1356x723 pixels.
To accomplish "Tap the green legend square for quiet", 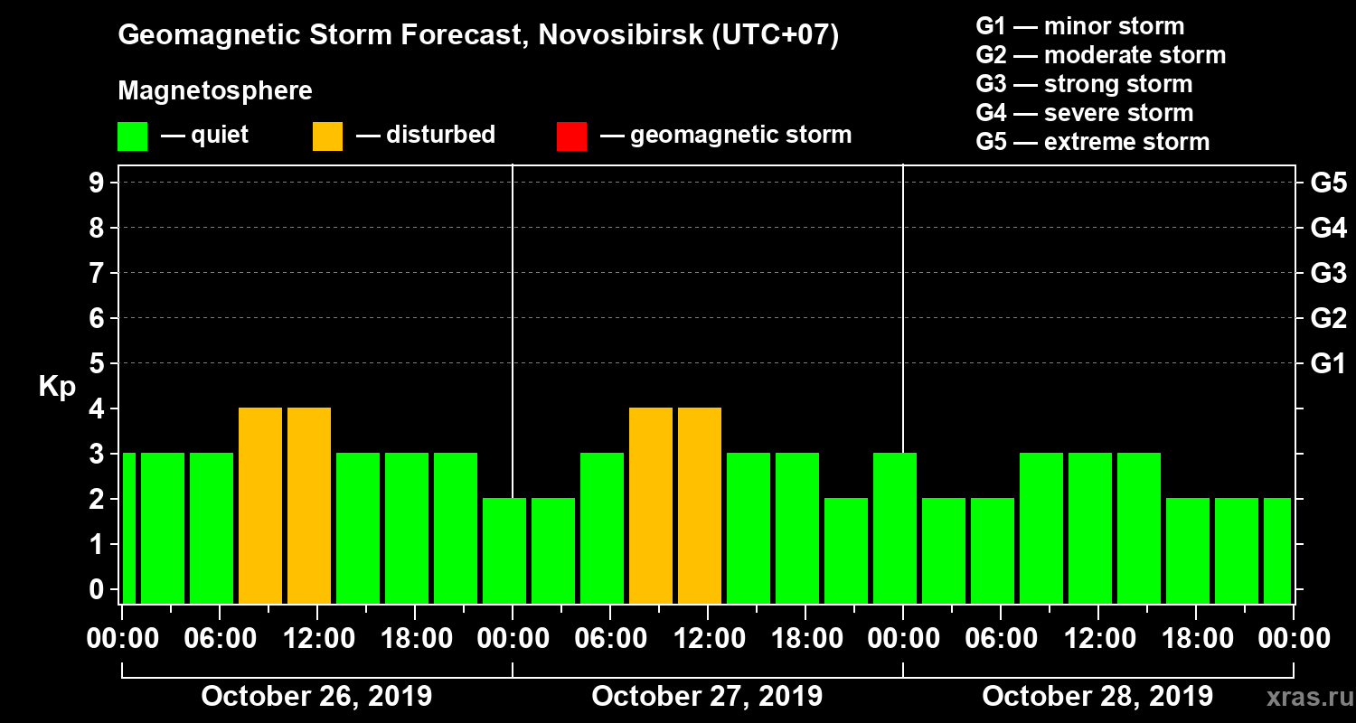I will click(133, 136).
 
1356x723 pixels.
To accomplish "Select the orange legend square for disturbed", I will click(328, 136).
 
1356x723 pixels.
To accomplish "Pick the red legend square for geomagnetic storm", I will click(572, 136).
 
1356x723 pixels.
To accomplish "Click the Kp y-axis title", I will click(57, 387).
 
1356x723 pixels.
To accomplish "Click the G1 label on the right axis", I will click(1328, 364).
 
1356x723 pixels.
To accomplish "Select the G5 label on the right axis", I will click(1328, 183).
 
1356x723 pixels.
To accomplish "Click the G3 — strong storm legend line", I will click(1084, 84).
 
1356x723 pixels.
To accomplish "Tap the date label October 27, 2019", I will click(707, 697).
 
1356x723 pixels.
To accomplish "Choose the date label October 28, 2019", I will click(1097, 697).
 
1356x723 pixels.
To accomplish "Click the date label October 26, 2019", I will click(316, 697).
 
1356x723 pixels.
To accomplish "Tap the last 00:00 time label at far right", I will click(1293, 639).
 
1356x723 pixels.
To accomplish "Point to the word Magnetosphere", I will click(215, 91).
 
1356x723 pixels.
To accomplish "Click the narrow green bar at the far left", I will click(129, 529).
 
